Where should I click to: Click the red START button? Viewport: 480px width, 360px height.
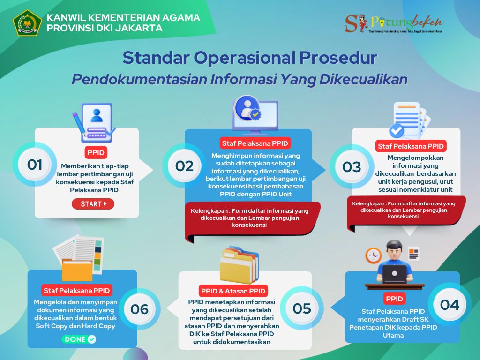[93, 204]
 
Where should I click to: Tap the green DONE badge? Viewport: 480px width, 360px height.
[79, 339]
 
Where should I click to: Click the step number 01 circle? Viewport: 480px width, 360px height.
[35, 165]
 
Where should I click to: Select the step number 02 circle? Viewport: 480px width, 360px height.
[185, 166]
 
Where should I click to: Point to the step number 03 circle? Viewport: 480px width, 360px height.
[352, 166]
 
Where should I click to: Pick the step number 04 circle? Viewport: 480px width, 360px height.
[450, 305]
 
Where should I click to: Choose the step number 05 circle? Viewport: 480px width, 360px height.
[302, 308]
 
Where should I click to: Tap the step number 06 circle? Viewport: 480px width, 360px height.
[140, 309]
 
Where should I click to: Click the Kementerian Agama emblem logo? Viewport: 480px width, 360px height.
[27, 23]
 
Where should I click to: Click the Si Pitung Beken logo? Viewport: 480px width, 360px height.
[393, 23]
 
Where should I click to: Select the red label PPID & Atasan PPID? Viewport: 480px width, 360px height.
[232, 291]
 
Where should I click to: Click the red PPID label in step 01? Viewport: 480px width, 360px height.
[96, 153]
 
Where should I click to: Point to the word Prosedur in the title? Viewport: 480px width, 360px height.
[337, 58]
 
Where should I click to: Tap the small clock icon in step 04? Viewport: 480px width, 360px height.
[373, 255]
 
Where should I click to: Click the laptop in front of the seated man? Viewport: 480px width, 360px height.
[395, 273]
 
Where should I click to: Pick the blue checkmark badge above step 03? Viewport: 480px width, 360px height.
[397, 129]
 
